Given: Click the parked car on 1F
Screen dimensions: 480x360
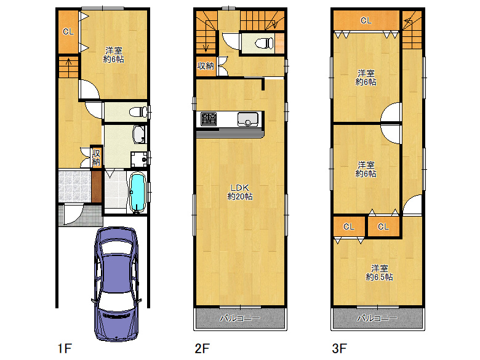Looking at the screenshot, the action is click(x=116, y=284).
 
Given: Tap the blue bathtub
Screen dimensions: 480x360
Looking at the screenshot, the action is click(x=137, y=192).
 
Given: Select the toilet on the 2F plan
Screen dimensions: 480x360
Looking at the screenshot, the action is click(x=264, y=43).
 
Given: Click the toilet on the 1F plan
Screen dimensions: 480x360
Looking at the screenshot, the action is click(x=138, y=112).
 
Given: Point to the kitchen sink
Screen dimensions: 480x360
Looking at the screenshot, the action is click(x=247, y=119).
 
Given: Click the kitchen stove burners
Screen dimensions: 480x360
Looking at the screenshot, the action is click(x=209, y=119).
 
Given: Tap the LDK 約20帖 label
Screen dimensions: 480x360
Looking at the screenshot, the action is click(x=240, y=192).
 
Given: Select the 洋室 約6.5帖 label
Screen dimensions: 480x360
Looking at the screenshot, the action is click(x=379, y=273).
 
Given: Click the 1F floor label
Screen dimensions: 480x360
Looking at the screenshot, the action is click(x=65, y=348).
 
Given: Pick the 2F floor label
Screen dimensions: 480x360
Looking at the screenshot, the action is click(x=202, y=348).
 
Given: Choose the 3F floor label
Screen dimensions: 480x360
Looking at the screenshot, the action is click(x=340, y=348).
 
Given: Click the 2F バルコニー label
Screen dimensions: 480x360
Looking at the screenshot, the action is click(x=240, y=318).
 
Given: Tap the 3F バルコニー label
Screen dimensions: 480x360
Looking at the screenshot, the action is click(x=377, y=318).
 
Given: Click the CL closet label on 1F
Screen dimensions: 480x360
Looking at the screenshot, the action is click(x=68, y=31).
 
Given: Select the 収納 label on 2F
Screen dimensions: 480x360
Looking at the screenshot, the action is click(x=206, y=66).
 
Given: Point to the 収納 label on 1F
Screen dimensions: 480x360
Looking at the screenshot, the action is click(x=96, y=158).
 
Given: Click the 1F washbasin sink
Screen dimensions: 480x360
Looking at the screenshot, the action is click(x=139, y=135).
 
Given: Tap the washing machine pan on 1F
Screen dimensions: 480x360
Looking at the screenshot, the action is click(x=140, y=159).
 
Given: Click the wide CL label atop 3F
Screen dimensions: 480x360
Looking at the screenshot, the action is click(x=366, y=20).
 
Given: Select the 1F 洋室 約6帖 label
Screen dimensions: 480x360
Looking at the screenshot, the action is click(x=114, y=55).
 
